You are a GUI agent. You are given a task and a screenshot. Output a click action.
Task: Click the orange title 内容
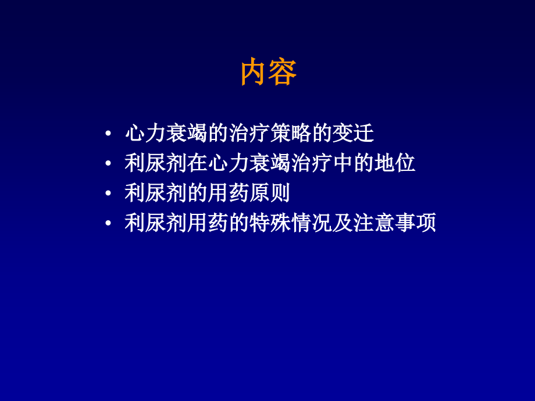pyautogui.click(x=269, y=73)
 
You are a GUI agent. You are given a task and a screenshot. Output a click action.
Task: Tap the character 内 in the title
pyautogui.click(x=255, y=73)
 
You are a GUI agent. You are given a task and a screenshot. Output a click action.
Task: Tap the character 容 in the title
pyautogui.click(x=283, y=73)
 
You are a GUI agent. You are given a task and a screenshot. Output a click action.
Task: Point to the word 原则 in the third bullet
pyautogui.click(x=270, y=194)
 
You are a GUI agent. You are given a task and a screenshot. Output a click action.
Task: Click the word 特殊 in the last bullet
pyautogui.click(x=270, y=224)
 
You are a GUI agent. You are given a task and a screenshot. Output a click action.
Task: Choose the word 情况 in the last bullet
pyautogui.click(x=311, y=224)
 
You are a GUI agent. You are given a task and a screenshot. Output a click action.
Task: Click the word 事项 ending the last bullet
pyautogui.click(x=415, y=224)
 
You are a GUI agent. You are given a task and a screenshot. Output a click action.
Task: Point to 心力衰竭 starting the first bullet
pyautogui.click(x=166, y=134)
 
